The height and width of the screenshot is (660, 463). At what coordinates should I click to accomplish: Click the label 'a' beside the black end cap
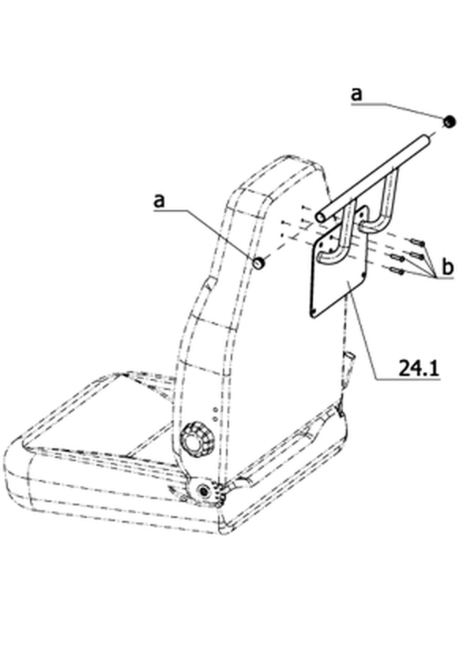[356, 94]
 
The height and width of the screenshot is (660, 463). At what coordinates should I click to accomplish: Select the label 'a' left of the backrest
[159, 201]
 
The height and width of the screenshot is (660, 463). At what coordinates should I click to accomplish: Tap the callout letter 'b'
[447, 267]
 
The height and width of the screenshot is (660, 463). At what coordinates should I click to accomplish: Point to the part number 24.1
[418, 369]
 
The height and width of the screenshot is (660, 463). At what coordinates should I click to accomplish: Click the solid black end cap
[450, 122]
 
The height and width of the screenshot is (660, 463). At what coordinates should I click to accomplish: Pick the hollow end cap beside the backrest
[258, 263]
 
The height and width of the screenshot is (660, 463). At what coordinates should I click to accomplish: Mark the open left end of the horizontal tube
[321, 217]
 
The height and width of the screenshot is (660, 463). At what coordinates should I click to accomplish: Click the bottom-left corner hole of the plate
[313, 312]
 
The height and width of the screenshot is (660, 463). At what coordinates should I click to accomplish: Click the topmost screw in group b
[416, 242]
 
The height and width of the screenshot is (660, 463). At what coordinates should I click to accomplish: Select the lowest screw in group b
[397, 271]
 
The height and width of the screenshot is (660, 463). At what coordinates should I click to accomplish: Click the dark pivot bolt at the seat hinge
[205, 491]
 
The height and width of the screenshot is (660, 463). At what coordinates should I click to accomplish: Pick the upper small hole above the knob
[215, 409]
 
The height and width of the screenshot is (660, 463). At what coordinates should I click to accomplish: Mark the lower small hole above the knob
[215, 418]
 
